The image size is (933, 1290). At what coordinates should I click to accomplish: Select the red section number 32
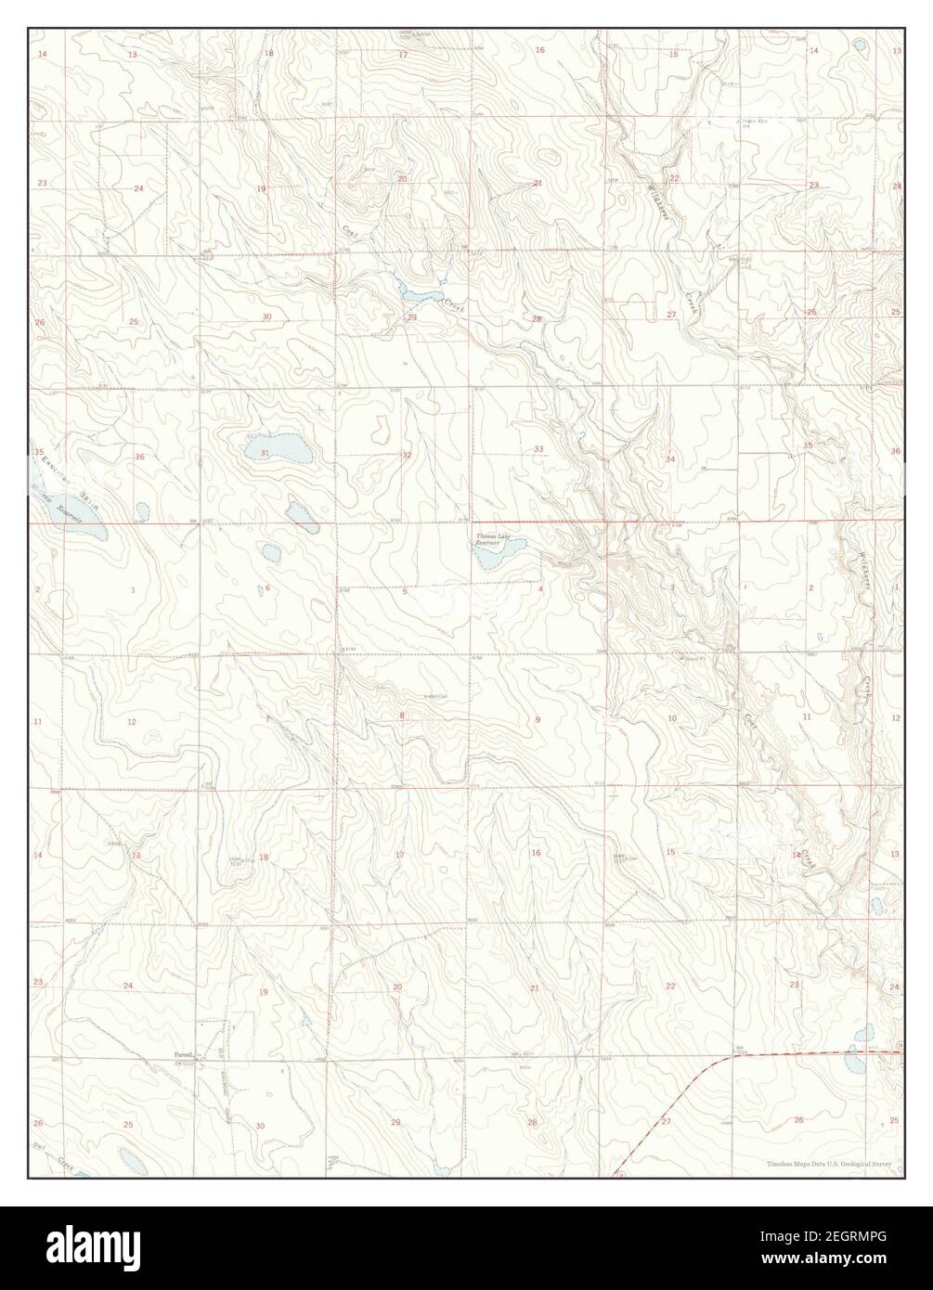click(407, 455)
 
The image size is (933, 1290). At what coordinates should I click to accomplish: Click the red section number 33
click(538, 449)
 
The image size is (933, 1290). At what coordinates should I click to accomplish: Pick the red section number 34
click(669, 459)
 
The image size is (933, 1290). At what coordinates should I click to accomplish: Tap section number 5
click(405, 591)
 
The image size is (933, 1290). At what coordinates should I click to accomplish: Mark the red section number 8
click(402, 715)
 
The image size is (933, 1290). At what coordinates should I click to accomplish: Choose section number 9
click(538, 720)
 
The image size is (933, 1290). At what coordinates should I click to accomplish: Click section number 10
click(672, 719)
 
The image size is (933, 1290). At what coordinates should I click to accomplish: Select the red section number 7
click(268, 719)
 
